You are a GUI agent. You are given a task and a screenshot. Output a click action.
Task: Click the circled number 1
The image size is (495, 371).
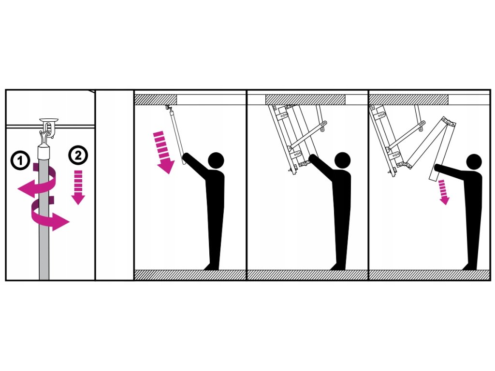pos(20,160)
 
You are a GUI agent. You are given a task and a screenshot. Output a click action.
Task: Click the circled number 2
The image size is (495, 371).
pos(78,155)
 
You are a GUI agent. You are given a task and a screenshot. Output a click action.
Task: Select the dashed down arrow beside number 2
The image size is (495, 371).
pos(78,187)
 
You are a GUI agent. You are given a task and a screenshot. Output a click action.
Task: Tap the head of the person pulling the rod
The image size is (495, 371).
pos(216,160)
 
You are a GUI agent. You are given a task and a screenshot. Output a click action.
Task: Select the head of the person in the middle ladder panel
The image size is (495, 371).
pos(342,160)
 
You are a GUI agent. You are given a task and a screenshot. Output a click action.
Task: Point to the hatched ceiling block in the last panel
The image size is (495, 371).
pos(409,100)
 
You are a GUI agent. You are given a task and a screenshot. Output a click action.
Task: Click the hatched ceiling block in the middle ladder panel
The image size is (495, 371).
pos(305,100)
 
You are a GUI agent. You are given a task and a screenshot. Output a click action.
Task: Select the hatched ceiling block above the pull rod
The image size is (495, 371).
pos(156,100)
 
